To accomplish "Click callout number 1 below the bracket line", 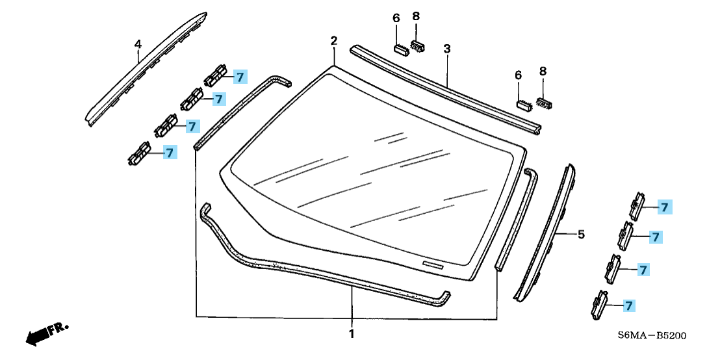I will (x=352, y=334).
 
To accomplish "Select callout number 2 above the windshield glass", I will (x=334, y=41).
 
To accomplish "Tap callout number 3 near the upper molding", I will (x=447, y=49).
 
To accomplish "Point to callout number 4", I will (x=138, y=44).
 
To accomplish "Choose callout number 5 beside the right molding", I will (x=581, y=234).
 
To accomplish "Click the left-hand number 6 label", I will (x=396, y=18).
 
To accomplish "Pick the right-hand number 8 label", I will (x=543, y=71).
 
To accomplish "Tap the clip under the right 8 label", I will (x=544, y=103).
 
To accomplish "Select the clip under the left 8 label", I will (x=418, y=45).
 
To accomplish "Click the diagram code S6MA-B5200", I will (x=652, y=336).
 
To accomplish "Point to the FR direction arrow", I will (x=45, y=333).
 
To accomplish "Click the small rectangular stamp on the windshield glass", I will (x=432, y=264).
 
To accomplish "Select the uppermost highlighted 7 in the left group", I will (x=240, y=77).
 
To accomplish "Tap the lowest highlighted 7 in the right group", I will (x=628, y=305).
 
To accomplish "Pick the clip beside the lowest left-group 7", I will (x=140, y=155).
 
